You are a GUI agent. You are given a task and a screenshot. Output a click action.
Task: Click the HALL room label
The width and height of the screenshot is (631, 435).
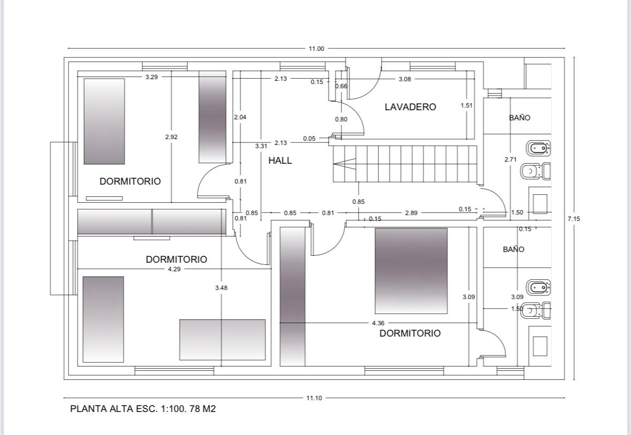point(280,161)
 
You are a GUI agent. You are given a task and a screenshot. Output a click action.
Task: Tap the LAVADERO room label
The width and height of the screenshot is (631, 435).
point(410,107)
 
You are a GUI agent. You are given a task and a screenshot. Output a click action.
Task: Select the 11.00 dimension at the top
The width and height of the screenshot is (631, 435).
point(316,49)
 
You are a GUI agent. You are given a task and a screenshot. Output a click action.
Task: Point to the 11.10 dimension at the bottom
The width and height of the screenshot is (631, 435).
point(314,398)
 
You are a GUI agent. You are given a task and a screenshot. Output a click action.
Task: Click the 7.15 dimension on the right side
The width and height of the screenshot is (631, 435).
point(574,218)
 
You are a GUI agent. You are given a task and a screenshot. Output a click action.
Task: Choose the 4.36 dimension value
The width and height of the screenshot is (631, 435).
point(378,323)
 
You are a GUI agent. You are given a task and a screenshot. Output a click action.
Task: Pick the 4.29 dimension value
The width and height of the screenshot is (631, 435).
point(174,269)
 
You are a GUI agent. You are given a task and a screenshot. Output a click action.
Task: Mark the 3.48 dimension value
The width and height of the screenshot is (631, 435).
point(221,288)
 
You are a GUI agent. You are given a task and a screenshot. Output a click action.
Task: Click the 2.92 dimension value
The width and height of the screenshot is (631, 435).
point(171,137)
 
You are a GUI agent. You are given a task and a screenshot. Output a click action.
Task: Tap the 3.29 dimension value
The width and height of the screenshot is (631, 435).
point(151,77)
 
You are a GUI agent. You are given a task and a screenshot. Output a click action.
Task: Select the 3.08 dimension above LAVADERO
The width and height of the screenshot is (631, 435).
point(405,79)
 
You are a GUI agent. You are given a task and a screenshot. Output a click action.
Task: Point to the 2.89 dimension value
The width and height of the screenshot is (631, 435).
point(411,213)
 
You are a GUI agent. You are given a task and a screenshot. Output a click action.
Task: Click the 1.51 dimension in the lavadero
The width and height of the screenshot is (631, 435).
point(467,105)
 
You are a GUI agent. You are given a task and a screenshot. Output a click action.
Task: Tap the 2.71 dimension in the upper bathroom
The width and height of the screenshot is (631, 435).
point(510,159)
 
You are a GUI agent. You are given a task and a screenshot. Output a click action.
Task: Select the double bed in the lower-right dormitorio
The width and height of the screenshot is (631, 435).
point(411,271)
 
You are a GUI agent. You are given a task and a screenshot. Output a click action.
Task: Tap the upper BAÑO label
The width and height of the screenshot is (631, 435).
point(520,118)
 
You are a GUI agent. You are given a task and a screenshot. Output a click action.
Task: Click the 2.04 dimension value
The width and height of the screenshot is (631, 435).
point(240,117)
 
